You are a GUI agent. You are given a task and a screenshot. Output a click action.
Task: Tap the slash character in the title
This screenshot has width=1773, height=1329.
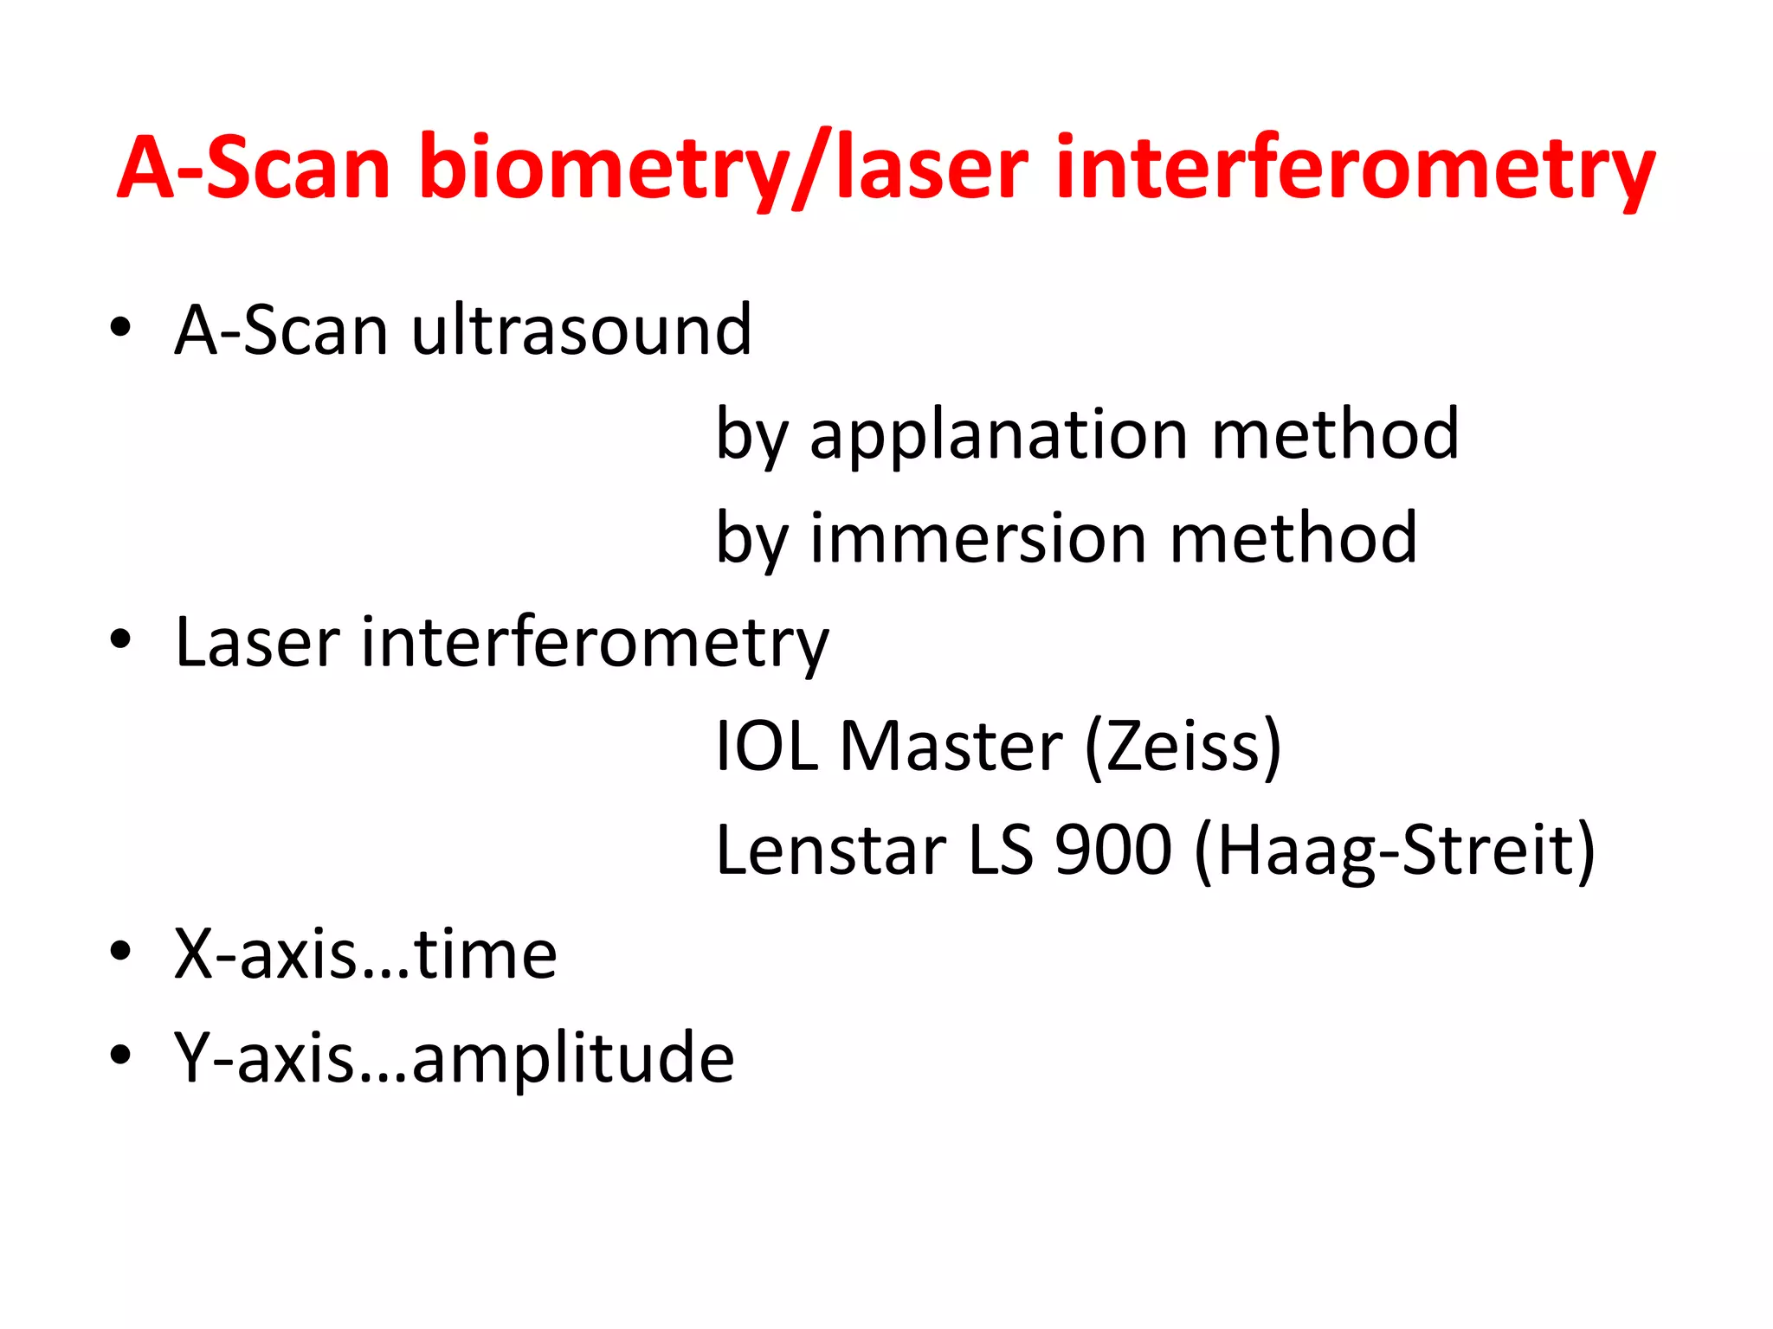(810, 169)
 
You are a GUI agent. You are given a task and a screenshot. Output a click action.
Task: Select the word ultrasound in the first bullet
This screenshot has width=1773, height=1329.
(581, 331)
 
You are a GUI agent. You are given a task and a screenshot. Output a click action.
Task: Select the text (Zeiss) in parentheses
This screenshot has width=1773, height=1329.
(1183, 746)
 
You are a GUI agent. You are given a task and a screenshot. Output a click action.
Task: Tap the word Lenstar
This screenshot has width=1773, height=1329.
(830, 850)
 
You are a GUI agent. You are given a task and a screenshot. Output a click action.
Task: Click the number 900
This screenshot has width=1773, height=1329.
(1112, 850)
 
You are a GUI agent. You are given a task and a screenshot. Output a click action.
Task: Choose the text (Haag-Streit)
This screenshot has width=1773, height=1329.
(1394, 850)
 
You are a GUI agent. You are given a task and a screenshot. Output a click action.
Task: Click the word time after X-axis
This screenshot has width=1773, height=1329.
(486, 954)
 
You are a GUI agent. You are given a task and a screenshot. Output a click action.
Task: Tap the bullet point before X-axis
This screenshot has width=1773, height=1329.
(120, 951)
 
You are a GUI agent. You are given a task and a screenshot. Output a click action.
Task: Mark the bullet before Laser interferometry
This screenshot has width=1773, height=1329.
(120, 639)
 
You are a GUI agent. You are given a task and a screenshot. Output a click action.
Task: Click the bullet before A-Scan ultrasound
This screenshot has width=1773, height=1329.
(120, 328)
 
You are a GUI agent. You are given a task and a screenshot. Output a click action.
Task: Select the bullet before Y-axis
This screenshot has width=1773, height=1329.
(120, 1055)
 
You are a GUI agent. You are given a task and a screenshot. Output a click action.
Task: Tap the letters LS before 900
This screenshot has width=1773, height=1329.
(1000, 850)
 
